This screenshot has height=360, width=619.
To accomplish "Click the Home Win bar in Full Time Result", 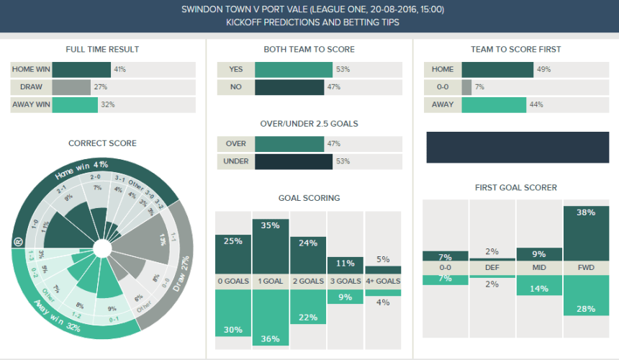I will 81,70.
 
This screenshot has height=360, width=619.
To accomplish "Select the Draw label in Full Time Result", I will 32,87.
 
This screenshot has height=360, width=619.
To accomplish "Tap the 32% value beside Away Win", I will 107,104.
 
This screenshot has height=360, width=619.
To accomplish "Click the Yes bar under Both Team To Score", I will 293,70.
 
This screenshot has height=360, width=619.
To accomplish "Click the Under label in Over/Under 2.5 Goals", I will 236,161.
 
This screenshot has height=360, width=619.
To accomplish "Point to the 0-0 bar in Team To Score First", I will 466,87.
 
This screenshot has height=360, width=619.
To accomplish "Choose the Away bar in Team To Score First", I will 494,104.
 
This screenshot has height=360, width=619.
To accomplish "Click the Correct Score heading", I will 102,143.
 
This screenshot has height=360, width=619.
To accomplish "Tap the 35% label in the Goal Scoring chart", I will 271,225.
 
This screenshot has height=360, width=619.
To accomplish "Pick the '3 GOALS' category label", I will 345,281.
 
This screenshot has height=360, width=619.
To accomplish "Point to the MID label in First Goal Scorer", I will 539,267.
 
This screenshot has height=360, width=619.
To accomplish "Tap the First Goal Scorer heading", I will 515,188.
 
